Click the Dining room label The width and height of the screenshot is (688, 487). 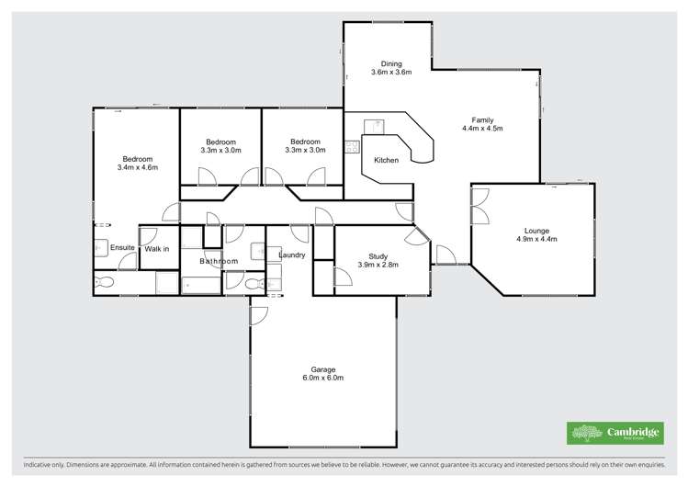click(x=390, y=62)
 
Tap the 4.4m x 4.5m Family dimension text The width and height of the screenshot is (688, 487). click(x=482, y=129)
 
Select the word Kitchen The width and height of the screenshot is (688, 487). click(x=386, y=161)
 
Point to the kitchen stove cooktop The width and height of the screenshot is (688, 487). click(x=351, y=146)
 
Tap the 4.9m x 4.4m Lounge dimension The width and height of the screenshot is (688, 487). click(x=537, y=239)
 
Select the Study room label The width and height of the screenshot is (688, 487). click(x=378, y=256)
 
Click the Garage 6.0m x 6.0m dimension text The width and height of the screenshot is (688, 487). click(x=322, y=378)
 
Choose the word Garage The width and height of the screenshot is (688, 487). click(x=322, y=368)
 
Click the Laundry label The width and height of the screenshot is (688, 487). click(x=291, y=255)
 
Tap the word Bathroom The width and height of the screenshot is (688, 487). click(x=219, y=261)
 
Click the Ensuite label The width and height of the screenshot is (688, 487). click(x=122, y=248)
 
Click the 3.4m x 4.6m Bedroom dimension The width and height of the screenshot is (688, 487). click(x=138, y=167)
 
